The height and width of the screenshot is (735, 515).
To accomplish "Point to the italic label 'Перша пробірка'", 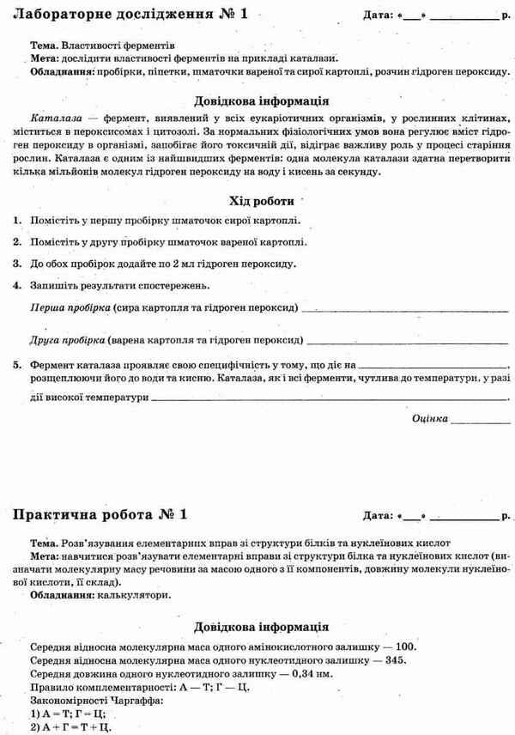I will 70,307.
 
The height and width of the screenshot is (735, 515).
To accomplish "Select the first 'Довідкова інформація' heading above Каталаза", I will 262,98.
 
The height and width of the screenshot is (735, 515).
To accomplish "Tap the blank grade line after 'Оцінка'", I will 481,421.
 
